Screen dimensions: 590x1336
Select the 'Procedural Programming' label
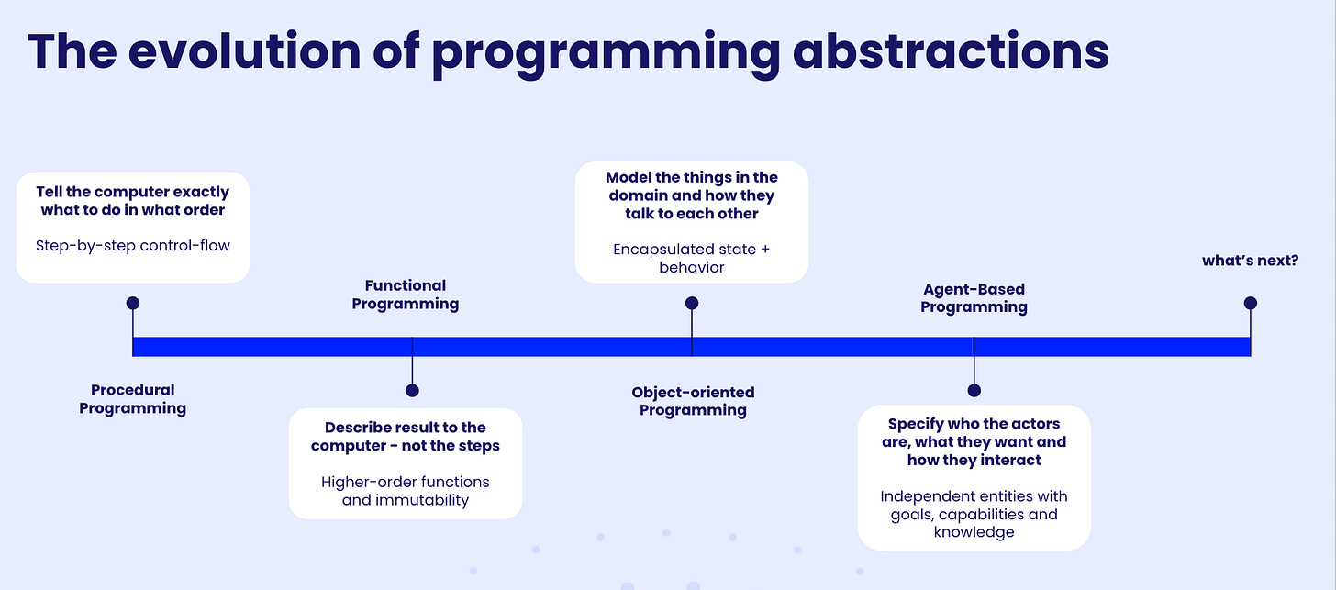coord(133,399)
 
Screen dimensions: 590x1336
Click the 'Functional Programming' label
coord(406,295)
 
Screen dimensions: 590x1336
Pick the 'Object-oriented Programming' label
coord(693,401)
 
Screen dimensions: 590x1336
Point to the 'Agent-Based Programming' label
coord(974,298)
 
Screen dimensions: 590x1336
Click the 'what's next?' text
coord(1250,261)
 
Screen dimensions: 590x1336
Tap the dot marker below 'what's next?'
coord(1250,303)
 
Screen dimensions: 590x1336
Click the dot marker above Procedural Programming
coord(133,303)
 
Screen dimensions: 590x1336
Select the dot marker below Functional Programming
coord(412,391)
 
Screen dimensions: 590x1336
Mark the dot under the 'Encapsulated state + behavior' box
coord(692,303)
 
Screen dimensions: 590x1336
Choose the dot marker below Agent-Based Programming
coord(974,391)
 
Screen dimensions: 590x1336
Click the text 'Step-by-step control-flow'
coord(133,245)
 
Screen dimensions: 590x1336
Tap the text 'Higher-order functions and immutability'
coord(406,491)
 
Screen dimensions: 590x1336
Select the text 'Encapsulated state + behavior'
coord(692,257)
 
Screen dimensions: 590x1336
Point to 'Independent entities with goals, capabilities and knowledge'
coord(974,514)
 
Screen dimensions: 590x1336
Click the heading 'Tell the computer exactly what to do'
coord(133,201)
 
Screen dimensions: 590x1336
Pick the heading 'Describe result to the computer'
coord(406,437)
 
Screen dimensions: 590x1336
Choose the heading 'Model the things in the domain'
coord(692,195)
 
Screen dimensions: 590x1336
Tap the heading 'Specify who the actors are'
coord(974,441)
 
